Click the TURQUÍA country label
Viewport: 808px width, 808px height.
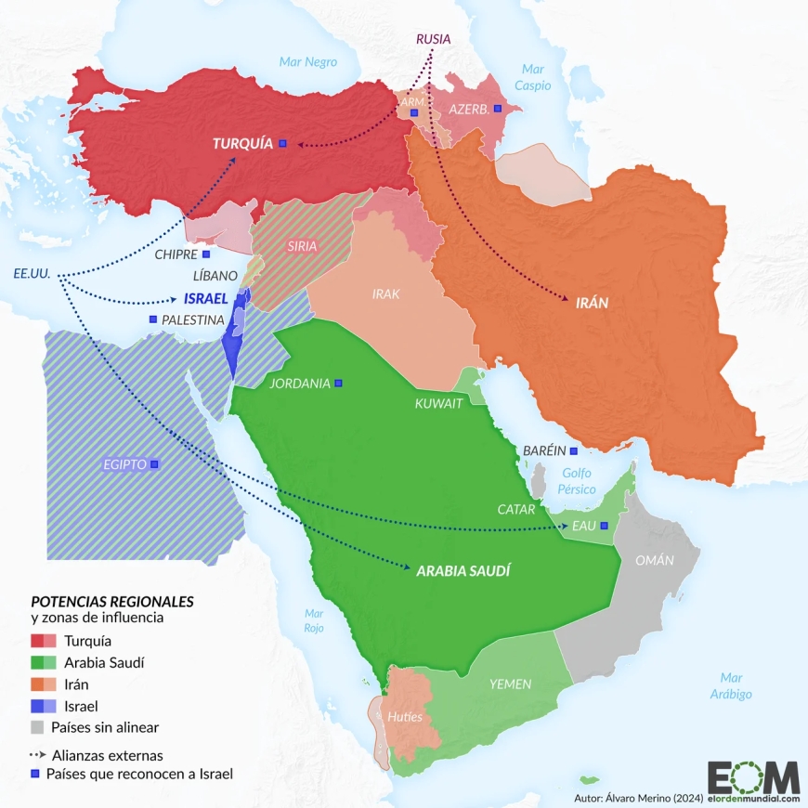[x=242, y=143]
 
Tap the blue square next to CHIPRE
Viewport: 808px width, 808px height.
[x=206, y=254]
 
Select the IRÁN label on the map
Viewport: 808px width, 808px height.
[x=592, y=303]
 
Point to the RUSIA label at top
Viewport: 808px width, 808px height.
[x=433, y=39]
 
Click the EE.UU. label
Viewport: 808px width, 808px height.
[x=32, y=275]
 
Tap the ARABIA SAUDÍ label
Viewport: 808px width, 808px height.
[x=463, y=570]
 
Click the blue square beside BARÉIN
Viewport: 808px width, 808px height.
[x=574, y=450]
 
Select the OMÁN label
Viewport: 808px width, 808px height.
[x=654, y=560]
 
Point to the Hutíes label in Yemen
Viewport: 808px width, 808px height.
[x=405, y=717]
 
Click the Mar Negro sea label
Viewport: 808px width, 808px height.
[x=307, y=62]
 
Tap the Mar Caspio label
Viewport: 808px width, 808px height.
[x=533, y=77]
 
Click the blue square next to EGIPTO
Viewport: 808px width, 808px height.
[x=154, y=463]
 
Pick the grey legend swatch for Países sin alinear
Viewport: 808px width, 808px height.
[x=37, y=726]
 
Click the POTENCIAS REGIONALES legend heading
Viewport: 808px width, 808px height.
[x=111, y=601]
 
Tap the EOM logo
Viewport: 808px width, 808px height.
[x=752, y=777]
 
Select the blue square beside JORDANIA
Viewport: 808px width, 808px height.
[x=339, y=383]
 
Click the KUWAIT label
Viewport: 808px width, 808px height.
[x=438, y=403]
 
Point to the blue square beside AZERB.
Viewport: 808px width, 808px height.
[x=497, y=110]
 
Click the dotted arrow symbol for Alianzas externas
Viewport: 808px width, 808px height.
[x=38, y=754]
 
